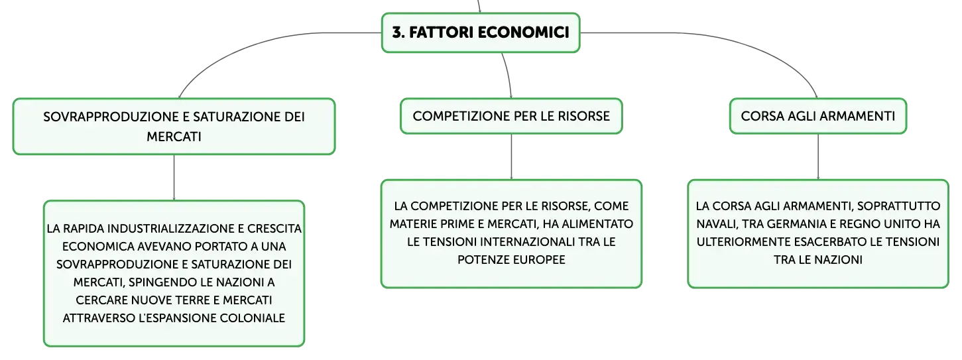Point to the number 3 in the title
(398, 32)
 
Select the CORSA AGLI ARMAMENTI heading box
(817, 116)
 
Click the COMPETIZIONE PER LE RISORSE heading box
(511, 116)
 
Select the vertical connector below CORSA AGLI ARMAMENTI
(817, 157)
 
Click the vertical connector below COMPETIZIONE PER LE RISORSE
(511, 157)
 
